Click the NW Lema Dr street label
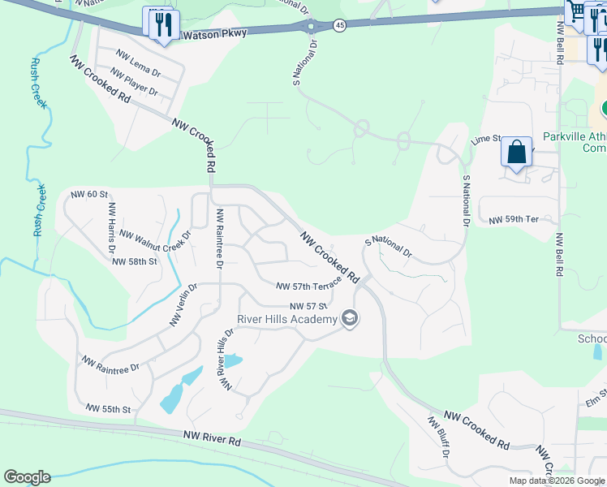(139, 62)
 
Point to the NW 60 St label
(89, 194)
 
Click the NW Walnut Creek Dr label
(154, 235)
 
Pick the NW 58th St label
(134, 261)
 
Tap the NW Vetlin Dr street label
(183, 305)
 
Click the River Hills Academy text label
(286, 319)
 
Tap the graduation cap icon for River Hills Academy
(350, 317)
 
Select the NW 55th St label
(108, 408)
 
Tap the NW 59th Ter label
(514, 220)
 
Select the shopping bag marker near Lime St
(516, 153)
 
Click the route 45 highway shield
(339, 26)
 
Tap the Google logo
(27, 477)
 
